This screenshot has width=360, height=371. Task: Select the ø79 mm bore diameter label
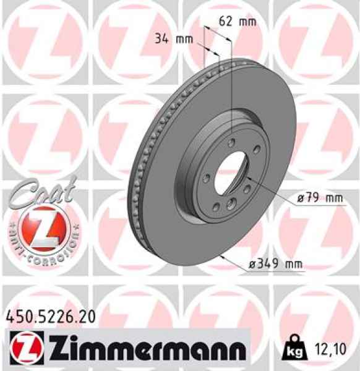pos(319,198)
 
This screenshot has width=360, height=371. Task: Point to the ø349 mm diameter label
pos(275,264)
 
